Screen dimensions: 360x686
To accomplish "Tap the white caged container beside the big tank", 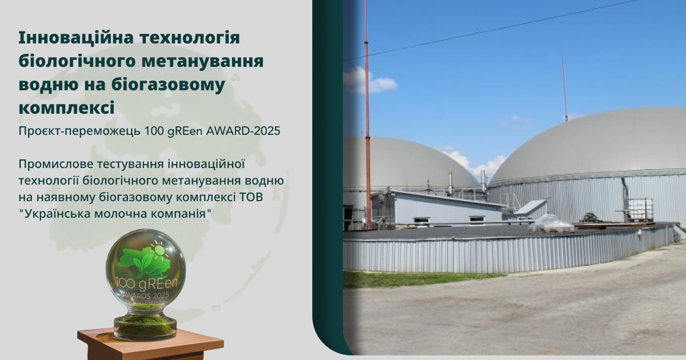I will (640, 209).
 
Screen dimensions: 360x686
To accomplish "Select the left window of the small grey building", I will (421, 220).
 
